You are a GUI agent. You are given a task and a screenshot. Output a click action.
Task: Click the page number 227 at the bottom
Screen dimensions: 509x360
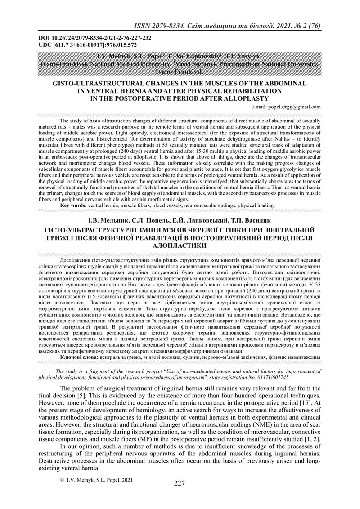click(x=180, y=483)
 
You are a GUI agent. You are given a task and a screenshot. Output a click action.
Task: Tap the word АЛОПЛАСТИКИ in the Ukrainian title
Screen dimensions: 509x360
click(x=180, y=246)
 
